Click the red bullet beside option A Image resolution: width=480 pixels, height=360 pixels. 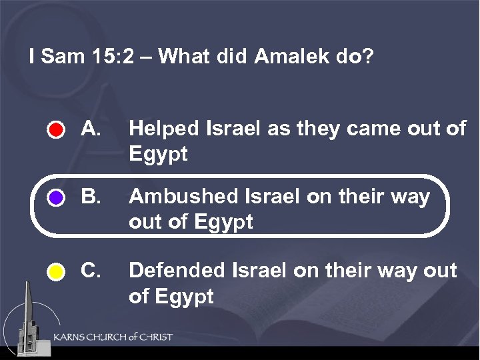coord(57,129)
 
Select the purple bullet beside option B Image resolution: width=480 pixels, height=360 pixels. coord(57,198)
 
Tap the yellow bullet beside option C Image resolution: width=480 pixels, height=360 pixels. coord(57,272)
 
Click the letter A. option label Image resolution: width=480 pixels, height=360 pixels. coord(90,128)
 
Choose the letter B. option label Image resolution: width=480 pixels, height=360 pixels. coord(90,197)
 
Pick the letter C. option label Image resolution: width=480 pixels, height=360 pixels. coord(90,271)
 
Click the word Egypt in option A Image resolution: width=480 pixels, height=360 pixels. coord(159,154)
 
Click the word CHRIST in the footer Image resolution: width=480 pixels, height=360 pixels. coord(153,337)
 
